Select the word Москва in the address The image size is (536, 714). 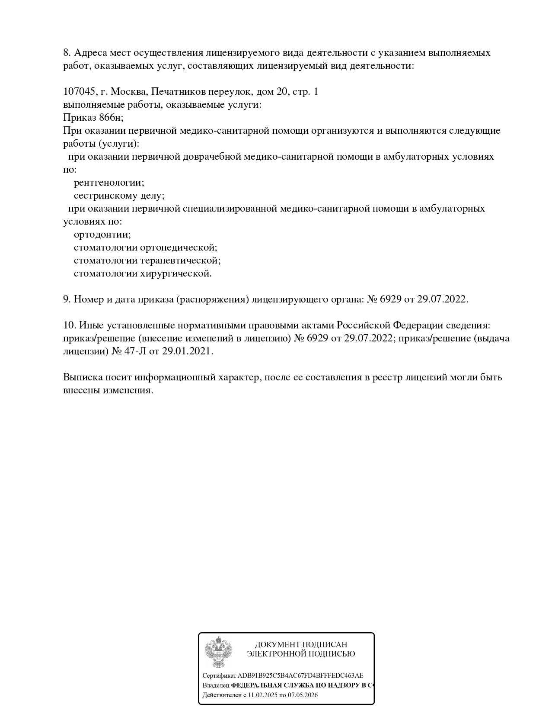[130, 92]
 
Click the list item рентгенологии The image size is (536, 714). [109, 183]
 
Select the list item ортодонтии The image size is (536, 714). [102, 235]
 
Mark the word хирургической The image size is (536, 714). [176, 273]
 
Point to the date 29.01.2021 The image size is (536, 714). [188, 351]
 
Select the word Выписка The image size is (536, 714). [82, 377]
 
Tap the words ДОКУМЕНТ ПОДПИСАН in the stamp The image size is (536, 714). [301, 645]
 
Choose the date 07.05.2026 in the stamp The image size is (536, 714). [303, 695]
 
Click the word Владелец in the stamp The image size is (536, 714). [216, 685]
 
